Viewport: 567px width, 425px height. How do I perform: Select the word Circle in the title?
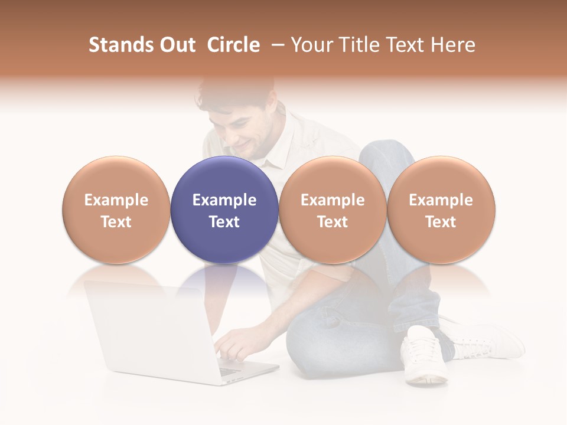tap(233, 45)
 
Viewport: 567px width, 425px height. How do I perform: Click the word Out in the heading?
tap(178, 45)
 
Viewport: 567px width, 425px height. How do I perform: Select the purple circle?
tap(224, 210)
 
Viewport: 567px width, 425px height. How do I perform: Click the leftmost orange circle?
tap(116, 210)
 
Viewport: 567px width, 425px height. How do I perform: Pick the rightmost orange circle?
tap(441, 210)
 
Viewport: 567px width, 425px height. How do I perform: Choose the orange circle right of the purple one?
tap(333, 210)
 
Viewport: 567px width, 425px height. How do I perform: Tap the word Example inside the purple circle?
tap(224, 200)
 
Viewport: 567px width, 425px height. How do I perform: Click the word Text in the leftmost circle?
tap(116, 222)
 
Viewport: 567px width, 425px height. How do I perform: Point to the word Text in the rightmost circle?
tap(441, 222)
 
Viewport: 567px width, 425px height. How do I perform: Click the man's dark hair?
tap(236, 94)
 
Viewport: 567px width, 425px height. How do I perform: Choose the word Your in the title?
tap(311, 45)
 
